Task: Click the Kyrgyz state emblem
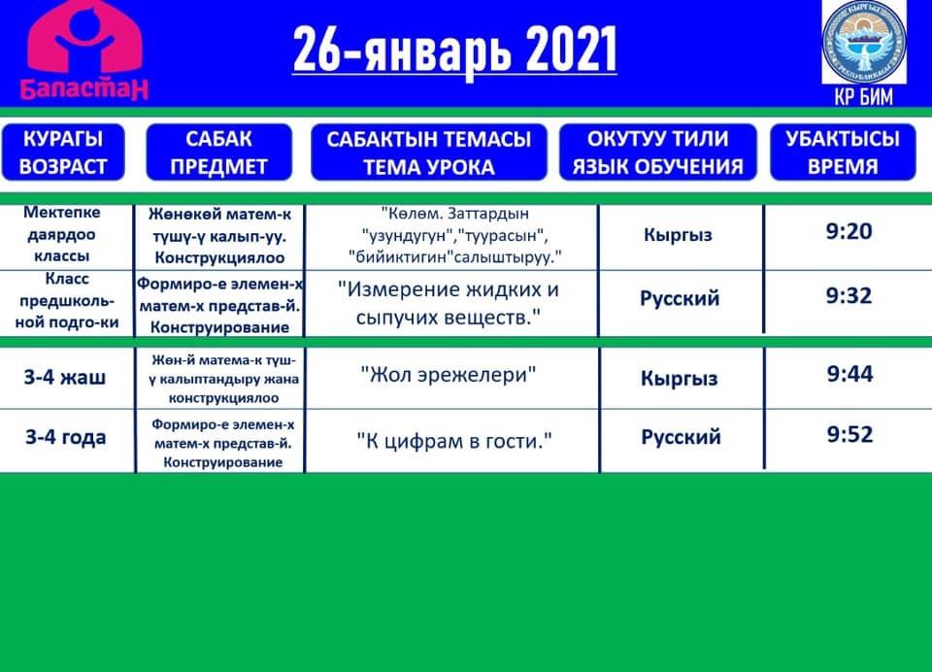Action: coord(864,42)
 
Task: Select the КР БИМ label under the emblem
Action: coord(864,96)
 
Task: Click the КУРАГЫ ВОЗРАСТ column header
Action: coord(63,152)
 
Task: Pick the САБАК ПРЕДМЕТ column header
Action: coord(218,152)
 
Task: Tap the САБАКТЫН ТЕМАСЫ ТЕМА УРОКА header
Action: coord(428,152)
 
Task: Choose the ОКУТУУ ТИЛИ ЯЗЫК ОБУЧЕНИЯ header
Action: coord(658,152)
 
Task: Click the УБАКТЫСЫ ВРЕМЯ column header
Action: coord(843,152)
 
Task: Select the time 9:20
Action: coord(849,231)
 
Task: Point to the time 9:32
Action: coord(849,295)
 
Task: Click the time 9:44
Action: coord(850,374)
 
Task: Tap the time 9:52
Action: coord(850,434)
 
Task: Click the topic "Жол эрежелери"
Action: coord(449,375)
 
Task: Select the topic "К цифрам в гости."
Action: coord(454,441)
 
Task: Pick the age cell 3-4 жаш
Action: coord(65,377)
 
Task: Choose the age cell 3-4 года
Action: coord(65,438)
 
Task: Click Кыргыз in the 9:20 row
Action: coord(678,235)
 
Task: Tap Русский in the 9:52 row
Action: coord(681,437)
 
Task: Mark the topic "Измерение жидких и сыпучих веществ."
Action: coord(449,303)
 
